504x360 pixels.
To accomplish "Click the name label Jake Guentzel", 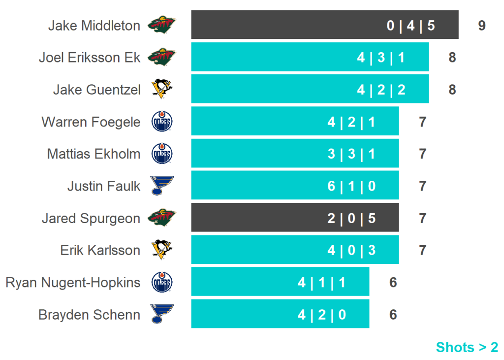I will point(96,90).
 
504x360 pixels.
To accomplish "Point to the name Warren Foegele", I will point(91,122).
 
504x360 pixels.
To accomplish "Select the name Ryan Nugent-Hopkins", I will point(73,283).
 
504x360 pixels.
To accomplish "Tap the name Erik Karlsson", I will point(100,250).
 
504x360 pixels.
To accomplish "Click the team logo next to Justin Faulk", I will point(162,186).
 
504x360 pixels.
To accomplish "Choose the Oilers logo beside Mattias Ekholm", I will point(162,154).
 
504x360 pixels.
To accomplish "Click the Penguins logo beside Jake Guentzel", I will point(162,90).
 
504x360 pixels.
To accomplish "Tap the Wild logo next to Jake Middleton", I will point(162,25).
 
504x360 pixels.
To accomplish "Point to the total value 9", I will point(482,26).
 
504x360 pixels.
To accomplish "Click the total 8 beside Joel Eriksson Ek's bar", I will point(452,58).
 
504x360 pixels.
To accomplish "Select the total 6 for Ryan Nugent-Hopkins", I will point(393,283).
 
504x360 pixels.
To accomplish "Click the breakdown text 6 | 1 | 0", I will point(351,186).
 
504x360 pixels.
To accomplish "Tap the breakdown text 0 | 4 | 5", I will point(410,26).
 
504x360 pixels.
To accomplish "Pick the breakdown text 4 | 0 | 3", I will point(351,250).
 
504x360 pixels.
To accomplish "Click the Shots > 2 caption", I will point(467,347).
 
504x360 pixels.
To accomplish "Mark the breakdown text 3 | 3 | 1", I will point(351,154).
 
